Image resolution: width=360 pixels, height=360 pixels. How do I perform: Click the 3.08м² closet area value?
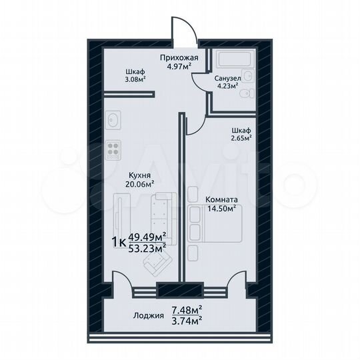(x=136, y=79)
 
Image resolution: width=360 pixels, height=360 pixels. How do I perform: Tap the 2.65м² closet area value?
(x=241, y=139)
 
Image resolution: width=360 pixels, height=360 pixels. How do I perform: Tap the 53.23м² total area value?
(x=147, y=249)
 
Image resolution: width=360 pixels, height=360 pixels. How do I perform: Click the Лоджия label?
(x=147, y=317)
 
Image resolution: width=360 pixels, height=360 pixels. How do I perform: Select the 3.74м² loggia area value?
(x=187, y=319)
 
